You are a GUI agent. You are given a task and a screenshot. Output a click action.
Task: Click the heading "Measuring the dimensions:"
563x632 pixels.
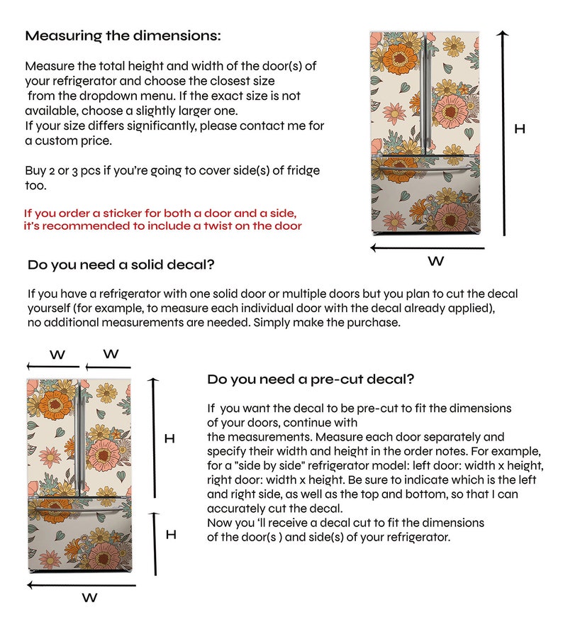[x=123, y=35]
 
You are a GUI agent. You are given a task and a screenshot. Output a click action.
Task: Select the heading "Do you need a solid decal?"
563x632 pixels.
[x=121, y=266]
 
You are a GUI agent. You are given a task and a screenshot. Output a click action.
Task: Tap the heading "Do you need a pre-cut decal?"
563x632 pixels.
[x=311, y=379]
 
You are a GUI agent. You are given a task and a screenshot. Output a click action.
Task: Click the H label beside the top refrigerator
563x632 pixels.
[x=520, y=129]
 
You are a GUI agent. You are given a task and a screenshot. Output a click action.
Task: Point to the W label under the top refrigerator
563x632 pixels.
[x=436, y=262]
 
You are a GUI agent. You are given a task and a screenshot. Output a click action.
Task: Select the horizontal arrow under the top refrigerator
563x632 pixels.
[x=428, y=248]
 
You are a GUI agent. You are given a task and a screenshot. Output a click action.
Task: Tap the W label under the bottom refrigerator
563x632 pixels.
[x=89, y=598]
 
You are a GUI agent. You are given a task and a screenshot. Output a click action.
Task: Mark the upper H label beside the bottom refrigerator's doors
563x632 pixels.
[x=169, y=439]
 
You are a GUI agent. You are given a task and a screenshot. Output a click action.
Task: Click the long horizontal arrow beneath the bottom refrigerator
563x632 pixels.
[x=82, y=585]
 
